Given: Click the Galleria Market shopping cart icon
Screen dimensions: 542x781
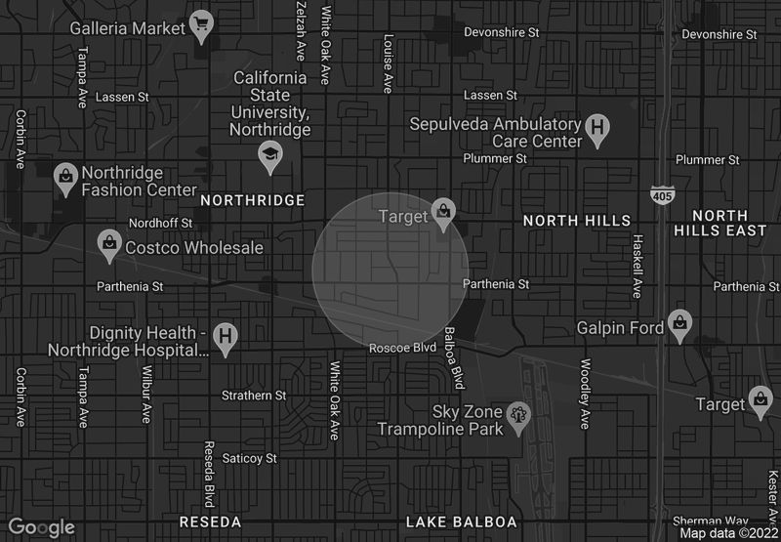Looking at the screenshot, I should point(202,26).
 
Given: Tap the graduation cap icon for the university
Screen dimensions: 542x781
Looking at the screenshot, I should point(268,155).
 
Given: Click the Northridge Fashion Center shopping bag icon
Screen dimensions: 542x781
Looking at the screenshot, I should point(65,176).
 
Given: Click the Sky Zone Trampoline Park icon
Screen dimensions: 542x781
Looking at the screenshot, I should point(519,414).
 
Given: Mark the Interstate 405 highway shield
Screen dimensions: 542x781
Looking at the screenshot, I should point(661,196).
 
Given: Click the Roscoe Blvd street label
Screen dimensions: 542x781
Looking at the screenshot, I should point(402,348).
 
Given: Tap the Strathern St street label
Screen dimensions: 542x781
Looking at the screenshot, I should point(254,396).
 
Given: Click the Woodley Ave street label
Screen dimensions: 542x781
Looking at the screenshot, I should point(585,394).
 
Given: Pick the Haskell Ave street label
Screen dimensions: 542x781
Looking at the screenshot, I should point(637,266).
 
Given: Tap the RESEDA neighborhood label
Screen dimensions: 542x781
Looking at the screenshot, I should point(210,521).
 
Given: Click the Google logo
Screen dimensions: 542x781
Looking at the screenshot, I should point(42,527).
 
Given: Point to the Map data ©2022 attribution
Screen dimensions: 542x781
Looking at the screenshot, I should point(728,533).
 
